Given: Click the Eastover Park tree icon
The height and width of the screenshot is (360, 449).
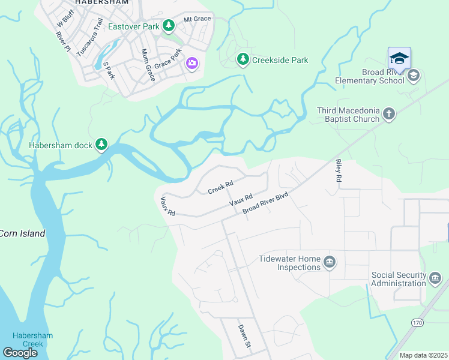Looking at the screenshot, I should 169,25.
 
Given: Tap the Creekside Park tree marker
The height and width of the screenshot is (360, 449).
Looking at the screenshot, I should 243,59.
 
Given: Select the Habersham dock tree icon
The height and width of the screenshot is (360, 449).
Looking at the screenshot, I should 102,145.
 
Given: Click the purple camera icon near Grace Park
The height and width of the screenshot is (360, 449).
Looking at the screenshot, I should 192,63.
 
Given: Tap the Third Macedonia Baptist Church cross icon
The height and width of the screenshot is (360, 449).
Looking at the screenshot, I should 389,114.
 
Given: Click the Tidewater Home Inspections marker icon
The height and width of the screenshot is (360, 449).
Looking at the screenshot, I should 329,262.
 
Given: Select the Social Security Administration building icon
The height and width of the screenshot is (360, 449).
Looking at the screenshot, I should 435,278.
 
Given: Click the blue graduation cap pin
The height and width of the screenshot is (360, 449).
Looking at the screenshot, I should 399,59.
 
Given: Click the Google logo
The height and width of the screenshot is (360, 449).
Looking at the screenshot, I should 20,352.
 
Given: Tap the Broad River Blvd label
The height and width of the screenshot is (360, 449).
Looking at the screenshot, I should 265,205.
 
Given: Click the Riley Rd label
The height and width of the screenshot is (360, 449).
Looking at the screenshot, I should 339,171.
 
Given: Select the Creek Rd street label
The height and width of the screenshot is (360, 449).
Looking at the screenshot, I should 220,187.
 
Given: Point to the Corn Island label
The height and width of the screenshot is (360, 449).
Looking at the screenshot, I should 22,233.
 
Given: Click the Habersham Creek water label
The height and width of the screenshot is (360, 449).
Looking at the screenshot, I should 28,340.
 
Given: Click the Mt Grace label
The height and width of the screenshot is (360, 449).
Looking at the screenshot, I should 197,19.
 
